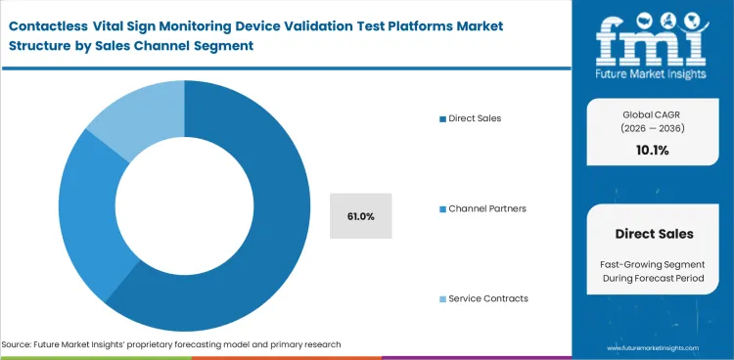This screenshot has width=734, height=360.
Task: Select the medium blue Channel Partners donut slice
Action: coord(84,225)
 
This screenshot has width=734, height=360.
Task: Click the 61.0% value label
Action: coord(360,215)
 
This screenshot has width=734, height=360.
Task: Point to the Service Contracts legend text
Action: coord(488,298)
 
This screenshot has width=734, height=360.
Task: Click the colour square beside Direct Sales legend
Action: coord(442,118)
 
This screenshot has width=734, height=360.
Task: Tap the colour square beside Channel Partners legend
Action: coord(442,208)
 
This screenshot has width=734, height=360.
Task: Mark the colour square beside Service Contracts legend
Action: coord(442,298)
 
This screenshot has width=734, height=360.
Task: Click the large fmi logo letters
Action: coord(652,36)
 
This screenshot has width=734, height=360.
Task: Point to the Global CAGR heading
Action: coord(651,115)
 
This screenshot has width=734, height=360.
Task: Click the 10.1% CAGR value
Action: coord(651,150)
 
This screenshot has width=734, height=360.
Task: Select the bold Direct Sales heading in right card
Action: coord(654,234)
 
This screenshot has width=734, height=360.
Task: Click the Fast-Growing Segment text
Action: coord(653,265)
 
